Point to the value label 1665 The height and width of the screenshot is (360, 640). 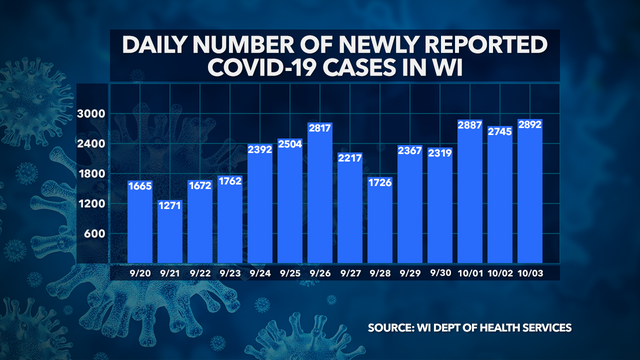pyautogui.click(x=139, y=185)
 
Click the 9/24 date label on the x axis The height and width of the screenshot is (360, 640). pyautogui.click(x=261, y=272)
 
